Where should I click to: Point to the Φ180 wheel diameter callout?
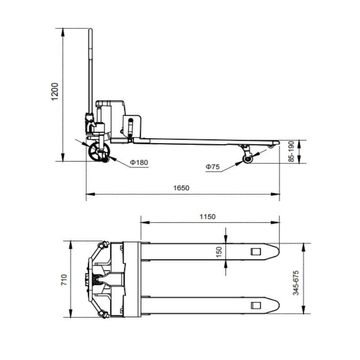coord(139,162)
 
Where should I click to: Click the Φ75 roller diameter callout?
coord(212,167)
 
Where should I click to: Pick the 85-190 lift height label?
coord(291,152)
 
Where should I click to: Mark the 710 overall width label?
coord(63,279)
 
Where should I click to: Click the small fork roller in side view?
coord(248,159)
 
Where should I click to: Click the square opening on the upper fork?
coord(256,252)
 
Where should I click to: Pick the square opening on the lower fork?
coord(256,306)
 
